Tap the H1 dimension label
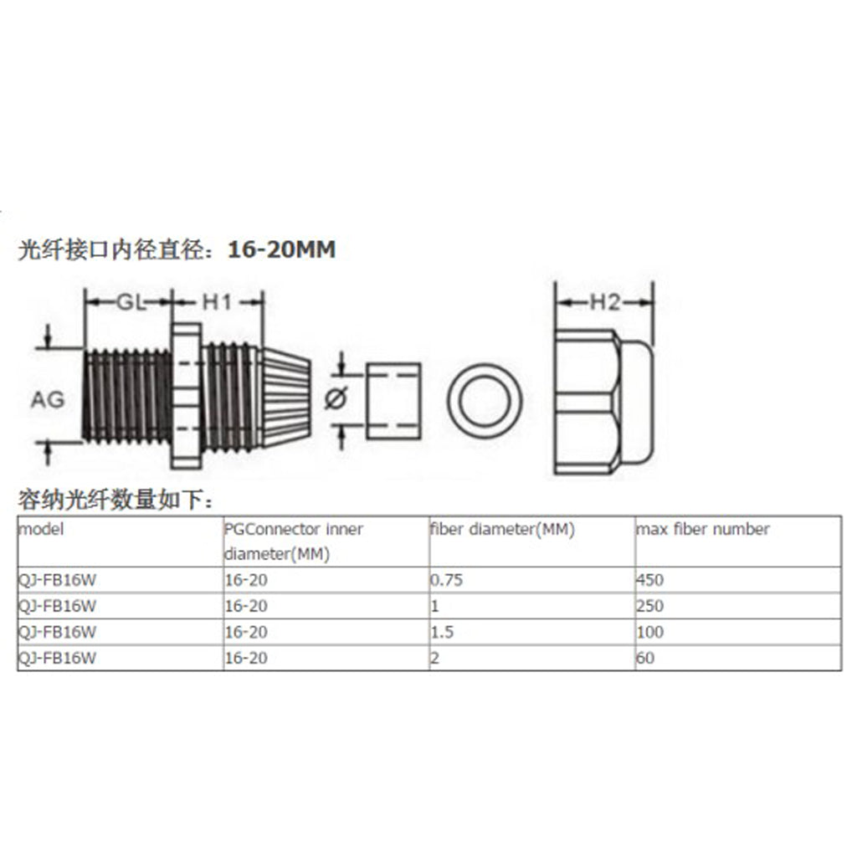[217, 301]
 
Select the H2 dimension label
[605, 301]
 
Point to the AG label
[48, 399]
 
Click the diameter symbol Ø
[336, 398]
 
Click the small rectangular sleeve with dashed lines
[393, 401]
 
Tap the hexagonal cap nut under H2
[603, 402]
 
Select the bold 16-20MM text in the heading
[281, 249]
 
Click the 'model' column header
[41, 529]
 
